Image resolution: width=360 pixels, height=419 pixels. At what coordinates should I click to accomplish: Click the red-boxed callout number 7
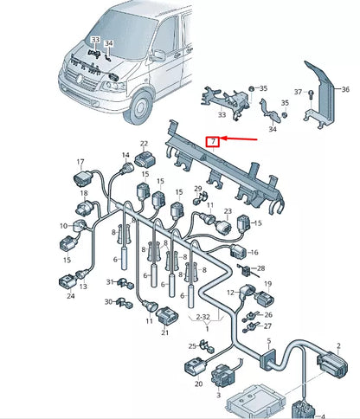click(x=213, y=141)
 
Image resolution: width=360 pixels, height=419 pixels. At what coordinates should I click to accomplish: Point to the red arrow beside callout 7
click(x=239, y=139)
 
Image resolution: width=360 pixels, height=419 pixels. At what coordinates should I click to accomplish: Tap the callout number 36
click(x=345, y=89)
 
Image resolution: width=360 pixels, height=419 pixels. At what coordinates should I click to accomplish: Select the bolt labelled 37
click(x=311, y=94)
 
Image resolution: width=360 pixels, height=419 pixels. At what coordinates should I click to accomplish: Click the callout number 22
click(x=144, y=144)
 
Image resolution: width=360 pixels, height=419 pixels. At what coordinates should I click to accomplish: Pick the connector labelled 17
click(x=82, y=179)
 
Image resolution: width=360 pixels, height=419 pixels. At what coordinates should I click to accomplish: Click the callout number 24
click(x=71, y=296)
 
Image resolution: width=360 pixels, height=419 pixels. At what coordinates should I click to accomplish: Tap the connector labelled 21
click(x=167, y=315)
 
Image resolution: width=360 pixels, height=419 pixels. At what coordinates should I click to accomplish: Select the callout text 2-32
click(x=202, y=317)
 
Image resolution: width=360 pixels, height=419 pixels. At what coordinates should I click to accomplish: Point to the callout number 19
click(x=268, y=284)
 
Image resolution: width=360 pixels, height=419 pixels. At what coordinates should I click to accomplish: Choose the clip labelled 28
click(x=246, y=270)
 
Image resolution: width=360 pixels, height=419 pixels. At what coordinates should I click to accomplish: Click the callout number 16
click(x=254, y=252)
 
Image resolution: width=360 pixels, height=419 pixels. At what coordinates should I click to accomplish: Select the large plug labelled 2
click(x=332, y=364)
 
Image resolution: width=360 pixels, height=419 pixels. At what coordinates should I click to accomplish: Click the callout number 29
click(x=198, y=189)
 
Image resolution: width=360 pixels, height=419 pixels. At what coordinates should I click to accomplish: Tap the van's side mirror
click(x=158, y=55)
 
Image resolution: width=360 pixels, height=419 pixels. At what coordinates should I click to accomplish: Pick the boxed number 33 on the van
click(x=96, y=40)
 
